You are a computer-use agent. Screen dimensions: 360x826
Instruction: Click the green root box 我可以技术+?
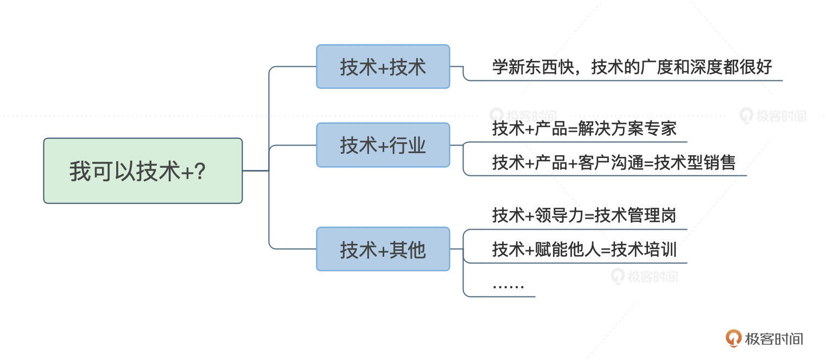[142, 170]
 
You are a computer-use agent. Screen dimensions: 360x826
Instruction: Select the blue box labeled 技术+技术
[383, 67]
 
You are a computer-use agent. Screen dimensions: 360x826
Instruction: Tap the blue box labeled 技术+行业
[383, 145]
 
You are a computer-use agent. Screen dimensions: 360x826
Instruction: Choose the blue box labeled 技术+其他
[383, 249]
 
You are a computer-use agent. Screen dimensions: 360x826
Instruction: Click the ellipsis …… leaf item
[508, 285]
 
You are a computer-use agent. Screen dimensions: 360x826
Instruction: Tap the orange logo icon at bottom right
[733, 338]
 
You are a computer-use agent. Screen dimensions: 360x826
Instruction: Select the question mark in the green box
[199, 172]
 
